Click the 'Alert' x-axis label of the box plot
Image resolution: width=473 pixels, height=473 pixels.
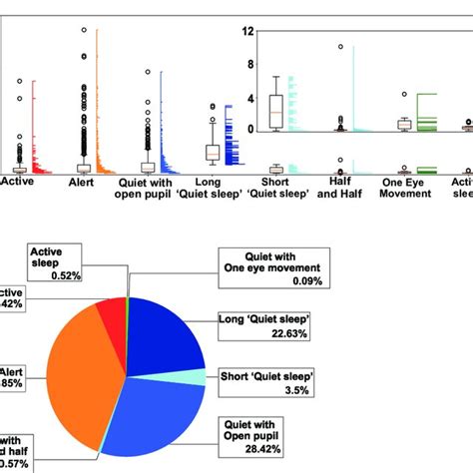pyautogui.click(x=81, y=183)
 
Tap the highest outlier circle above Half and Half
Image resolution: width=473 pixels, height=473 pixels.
pyautogui.click(x=341, y=47)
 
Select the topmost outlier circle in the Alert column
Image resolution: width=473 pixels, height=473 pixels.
pyautogui.click(x=83, y=31)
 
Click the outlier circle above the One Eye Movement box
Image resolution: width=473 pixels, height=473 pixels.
pyautogui.click(x=404, y=95)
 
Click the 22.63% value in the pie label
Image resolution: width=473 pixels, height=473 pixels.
pyautogui.click(x=262, y=334)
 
